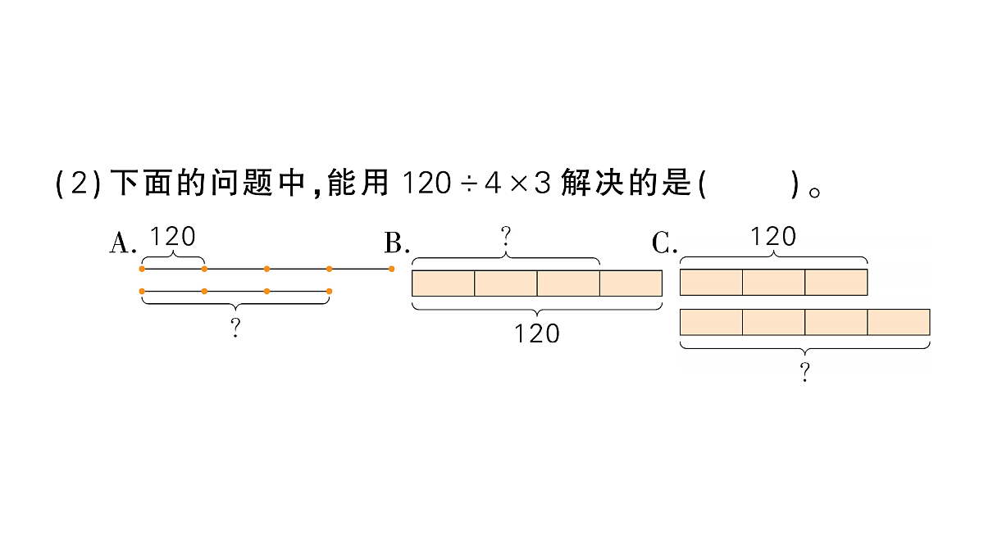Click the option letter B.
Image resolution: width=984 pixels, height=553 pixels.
(x=395, y=243)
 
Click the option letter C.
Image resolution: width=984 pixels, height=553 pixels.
(x=663, y=243)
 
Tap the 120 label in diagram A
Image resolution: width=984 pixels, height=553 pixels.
(x=173, y=237)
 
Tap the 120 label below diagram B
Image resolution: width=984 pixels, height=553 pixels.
(x=536, y=333)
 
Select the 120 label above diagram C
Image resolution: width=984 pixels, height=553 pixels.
(x=773, y=237)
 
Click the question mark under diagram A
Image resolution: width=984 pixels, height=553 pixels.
(x=235, y=329)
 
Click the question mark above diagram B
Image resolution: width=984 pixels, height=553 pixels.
(x=506, y=238)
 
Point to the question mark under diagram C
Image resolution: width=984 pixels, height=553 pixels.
(x=805, y=374)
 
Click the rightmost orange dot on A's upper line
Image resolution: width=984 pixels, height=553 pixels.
(x=391, y=268)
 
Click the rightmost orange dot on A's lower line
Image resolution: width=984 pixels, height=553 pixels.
(x=329, y=291)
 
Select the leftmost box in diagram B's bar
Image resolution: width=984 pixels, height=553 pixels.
(x=444, y=283)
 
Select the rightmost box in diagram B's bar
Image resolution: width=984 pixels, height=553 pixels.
(x=631, y=283)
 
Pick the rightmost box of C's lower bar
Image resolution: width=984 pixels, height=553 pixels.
(x=899, y=322)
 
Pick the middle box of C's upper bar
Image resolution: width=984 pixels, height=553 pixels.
(x=773, y=282)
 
